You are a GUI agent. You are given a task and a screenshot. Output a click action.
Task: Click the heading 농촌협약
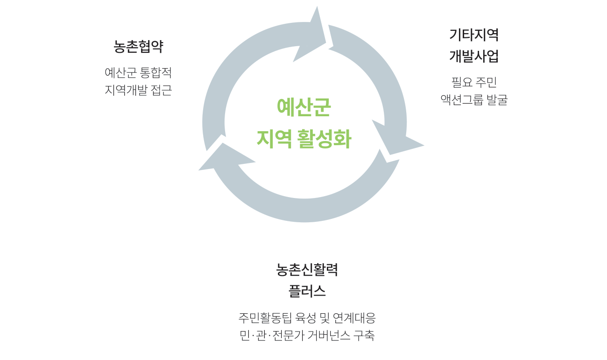pos(138,47)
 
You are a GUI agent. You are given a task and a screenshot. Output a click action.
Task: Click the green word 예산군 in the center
pos(303,107)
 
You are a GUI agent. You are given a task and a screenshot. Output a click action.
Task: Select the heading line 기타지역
pos(474,35)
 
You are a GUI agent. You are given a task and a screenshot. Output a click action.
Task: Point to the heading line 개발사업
pos(474,56)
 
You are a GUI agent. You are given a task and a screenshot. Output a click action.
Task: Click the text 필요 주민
pos(474,82)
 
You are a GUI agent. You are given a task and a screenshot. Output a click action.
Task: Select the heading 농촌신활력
pos(307,270)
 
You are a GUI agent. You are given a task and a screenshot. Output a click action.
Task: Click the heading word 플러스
pos(307,291)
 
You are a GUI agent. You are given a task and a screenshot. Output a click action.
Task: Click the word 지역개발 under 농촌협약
pos(126,90)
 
